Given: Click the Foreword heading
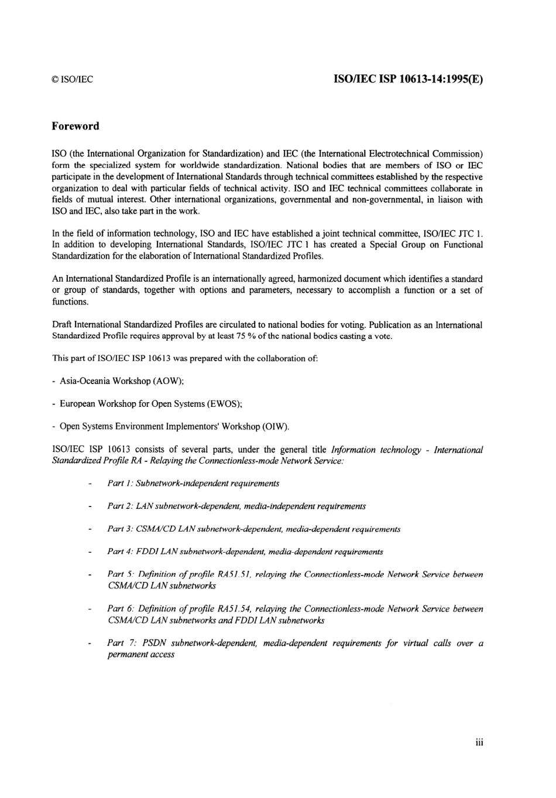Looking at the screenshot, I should click(75, 126).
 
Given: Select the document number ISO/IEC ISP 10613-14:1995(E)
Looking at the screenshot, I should click(408, 79).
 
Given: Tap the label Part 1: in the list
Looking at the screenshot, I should click(119, 484).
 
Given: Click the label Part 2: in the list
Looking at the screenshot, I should click(119, 506).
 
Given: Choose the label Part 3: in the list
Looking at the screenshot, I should click(119, 529).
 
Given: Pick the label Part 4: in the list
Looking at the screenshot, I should click(119, 552).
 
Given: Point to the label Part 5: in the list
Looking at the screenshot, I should click(119, 574).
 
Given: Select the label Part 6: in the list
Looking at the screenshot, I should click(119, 609).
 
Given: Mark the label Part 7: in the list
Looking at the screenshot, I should click(120, 643).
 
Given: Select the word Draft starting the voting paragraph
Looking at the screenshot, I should click(63, 325).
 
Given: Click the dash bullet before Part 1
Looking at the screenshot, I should click(89, 484).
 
